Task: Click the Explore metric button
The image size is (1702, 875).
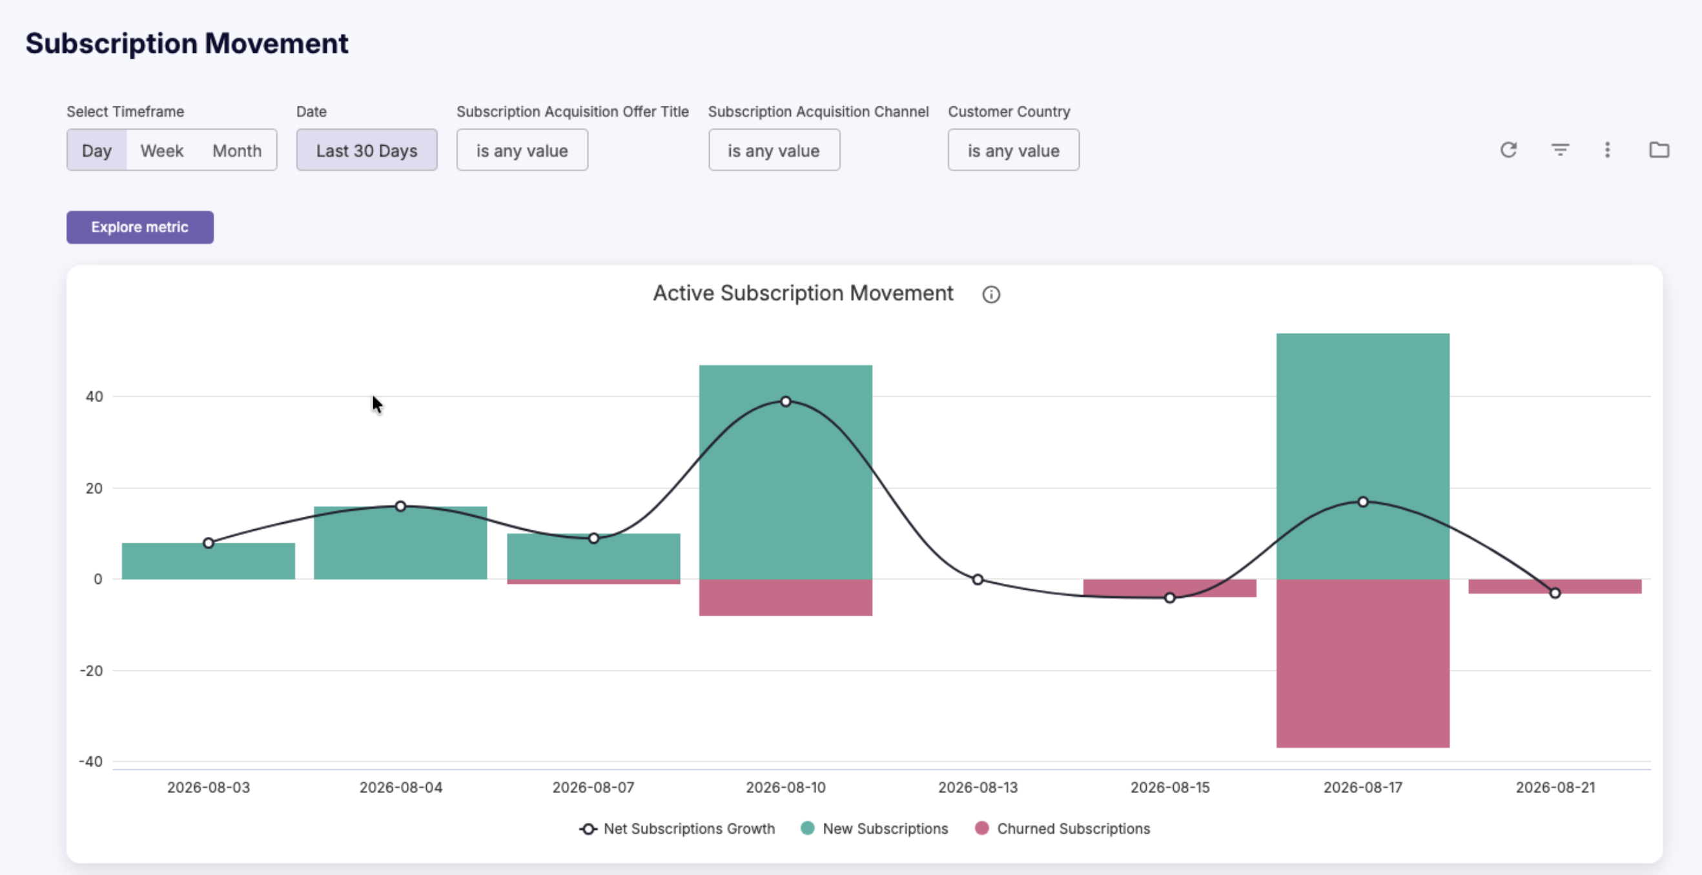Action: pyautogui.click(x=140, y=227)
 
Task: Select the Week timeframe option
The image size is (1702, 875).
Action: pyautogui.click(x=162, y=150)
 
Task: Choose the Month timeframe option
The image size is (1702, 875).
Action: pyautogui.click(x=237, y=150)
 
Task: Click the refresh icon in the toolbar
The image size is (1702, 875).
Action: pyautogui.click(x=1508, y=150)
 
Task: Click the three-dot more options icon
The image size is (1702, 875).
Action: pyautogui.click(x=1608, y=150)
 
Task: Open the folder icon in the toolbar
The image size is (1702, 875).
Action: pyautogui.click(x=1659, y=150)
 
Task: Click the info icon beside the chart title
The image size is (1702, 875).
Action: pyautogui.click(x=991, y=294)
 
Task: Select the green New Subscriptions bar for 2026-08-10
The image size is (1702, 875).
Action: pyautogui.click(x=786, y=472)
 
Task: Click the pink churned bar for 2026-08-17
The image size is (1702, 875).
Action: pyautogui.click(x=1363, y=663)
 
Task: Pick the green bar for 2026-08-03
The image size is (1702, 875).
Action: pyautogui.click(x=208, y=561)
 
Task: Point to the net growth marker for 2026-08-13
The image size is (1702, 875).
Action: pyautogui.click(x=978, y=579)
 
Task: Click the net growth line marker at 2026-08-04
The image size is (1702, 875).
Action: pyautogui.click(x=400, y=506)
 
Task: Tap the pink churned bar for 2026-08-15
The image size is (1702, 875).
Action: pyautogui.click(x=1169, y=588)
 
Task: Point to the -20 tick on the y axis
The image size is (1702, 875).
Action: pyautogui.click(x=91, y=670)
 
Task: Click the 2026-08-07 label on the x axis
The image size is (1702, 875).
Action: pyautogui.click(x=593, y=787)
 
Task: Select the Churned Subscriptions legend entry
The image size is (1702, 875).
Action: pyautogui.click(x=1062, y=828)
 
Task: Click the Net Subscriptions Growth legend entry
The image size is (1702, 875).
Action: pyautogui.click(x=677, y=828)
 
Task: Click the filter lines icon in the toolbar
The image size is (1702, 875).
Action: pyautogui.click(x=1560, y=150)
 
